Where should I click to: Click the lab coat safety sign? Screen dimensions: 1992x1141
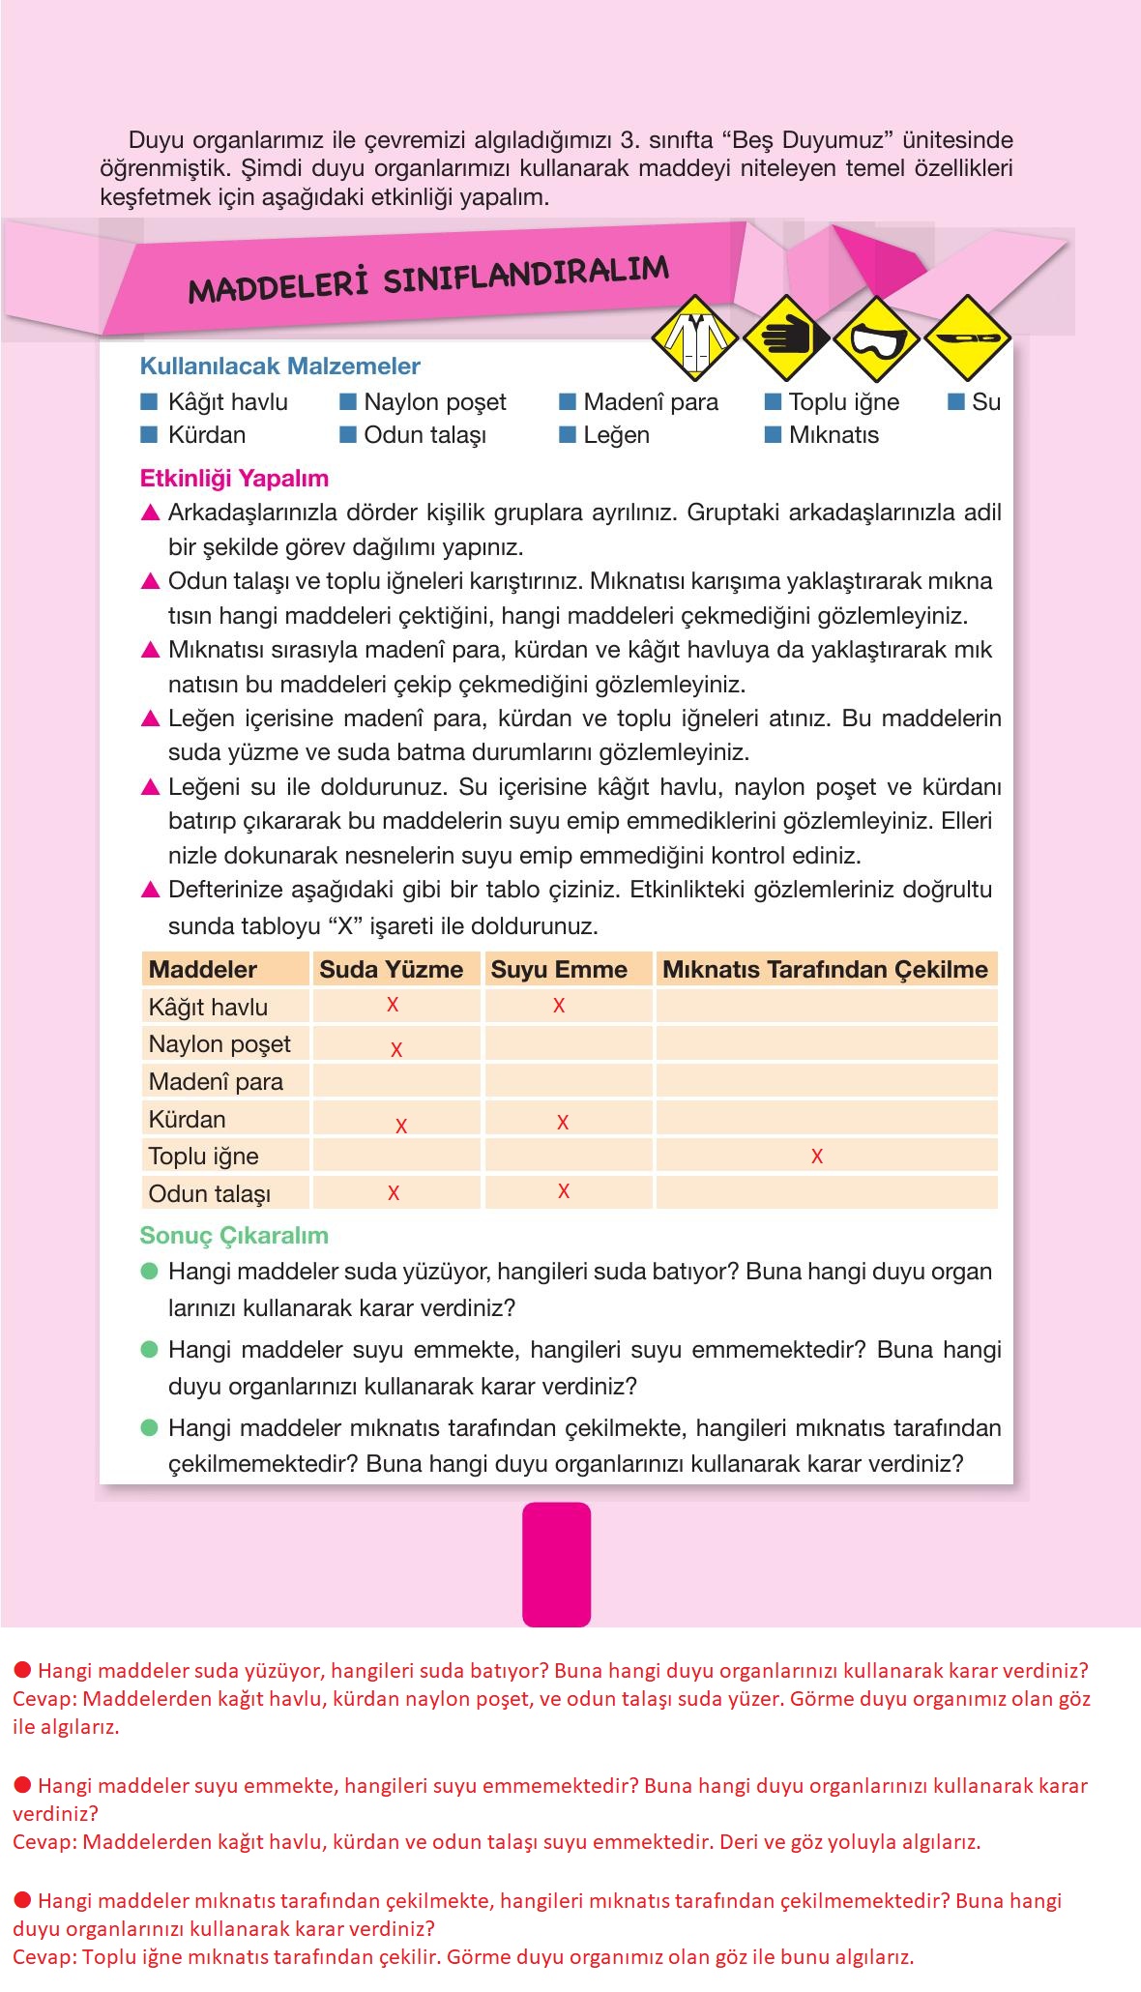pos(694,337)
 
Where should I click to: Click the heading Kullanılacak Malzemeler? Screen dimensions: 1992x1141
pos(280,366)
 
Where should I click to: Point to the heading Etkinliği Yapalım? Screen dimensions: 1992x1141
pos(234,479)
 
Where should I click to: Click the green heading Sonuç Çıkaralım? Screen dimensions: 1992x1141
pos(234,1236)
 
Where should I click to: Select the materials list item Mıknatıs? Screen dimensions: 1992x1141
pos(833,435)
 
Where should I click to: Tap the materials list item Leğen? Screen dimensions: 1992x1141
pos(616,435)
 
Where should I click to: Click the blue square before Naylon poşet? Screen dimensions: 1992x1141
pos(348,401)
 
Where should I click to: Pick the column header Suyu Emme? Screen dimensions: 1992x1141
pos(559,970)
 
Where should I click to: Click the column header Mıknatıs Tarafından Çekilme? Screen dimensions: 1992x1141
pos(825,970)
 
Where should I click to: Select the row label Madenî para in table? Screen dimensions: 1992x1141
pos(216,1081)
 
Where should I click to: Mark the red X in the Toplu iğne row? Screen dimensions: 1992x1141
pos(817,1156)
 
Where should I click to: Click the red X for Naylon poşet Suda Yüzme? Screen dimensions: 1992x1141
pos(395,1049)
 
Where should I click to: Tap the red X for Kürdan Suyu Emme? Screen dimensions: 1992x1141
pos(562,1122)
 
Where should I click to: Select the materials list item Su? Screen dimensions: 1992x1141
pos(985,402)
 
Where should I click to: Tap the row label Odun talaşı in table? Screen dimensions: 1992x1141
pos(209,1193)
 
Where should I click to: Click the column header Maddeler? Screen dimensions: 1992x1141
pos(203,970)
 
